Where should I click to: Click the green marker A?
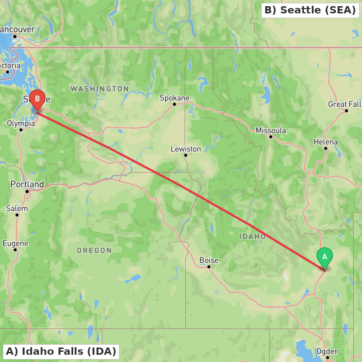click(x=325, y=257)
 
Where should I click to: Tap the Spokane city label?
click(x=174, y=98)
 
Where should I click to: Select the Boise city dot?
click(x=209, y=267)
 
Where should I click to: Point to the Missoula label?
click(x=271, y=130)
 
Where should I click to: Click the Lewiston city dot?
click(x=186, y=155)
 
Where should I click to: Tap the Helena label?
click(x=325, y=142)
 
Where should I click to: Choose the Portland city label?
click(x=27, y=184)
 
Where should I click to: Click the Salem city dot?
click(x=17, y=215)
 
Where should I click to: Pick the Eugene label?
click(x=15, y=243)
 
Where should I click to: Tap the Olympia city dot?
click(x=21, y=130)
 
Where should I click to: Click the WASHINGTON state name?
click(x=100, y=89)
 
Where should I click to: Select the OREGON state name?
click(x=94, y=250)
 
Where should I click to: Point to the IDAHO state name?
click(x=252, y=236)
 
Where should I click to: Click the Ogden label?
click(x=327, y=351)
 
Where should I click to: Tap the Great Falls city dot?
click(x=346, y=111)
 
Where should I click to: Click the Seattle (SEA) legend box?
click(x=310, y=10)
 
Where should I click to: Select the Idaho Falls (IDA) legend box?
click(x=61, y=351)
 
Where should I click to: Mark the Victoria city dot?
click(x=8, y=72)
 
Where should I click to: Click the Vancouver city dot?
click(x=15, y=36)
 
